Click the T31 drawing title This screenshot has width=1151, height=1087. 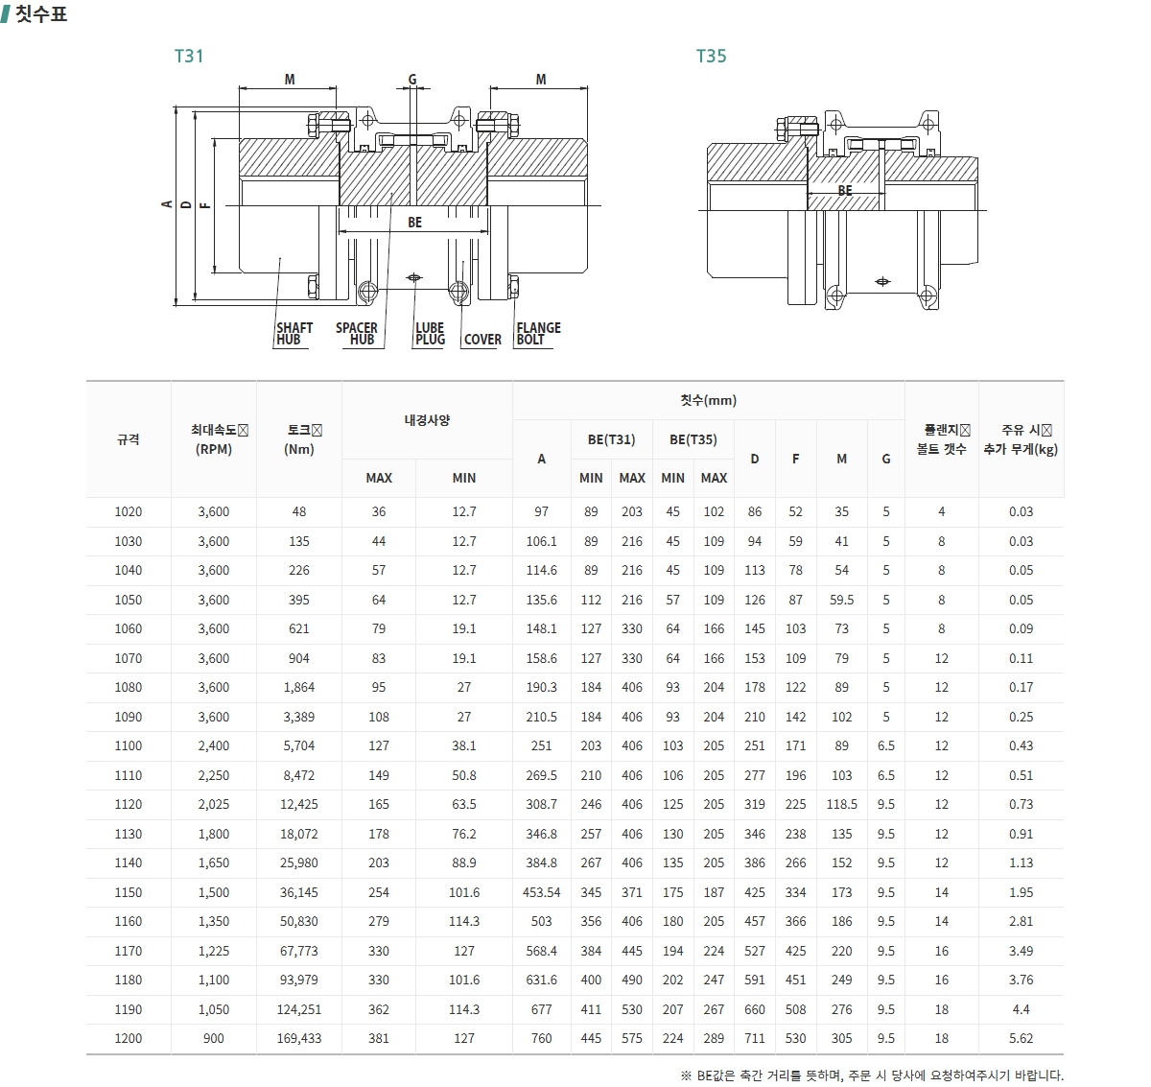pyautogui.click(x=189, y=56)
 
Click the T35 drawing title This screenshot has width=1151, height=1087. pyautogui.click(x=711, y=56)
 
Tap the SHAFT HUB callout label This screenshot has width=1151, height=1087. pyautogui.click(x=294, y=334)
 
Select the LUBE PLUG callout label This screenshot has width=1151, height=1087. pyautogui.click(x=430, y=334)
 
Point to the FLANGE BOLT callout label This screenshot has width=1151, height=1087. pyautogui.click(x=538, y=334)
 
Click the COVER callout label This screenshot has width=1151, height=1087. pyautogui.click(x=482, y=340)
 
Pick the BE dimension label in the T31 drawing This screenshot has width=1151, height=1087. pyautogui.click(x=414, y=223)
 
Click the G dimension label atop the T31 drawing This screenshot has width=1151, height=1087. pyautogui.click(x=412, y=80)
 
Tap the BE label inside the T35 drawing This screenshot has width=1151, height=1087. pyautogui.click(x=844, y=191)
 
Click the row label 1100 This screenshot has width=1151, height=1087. pyautogui.click(x=128, y=746)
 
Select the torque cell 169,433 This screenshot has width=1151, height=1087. pyautogui.click(x=299, y=1039)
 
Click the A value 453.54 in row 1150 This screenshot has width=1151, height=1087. pyautogui.click(x=541, y=892)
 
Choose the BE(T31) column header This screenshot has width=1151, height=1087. pyautogui.click(x=611, y=439)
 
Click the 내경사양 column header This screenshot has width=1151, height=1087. pyautogui.click(x=427, y=420)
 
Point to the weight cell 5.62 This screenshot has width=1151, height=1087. pyautogui.click(x=1021, y=1039)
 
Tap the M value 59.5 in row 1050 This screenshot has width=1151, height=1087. pyautogui.click(x=841, y=600)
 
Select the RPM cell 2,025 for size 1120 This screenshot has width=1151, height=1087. pyautogui.click(x=214, y=805)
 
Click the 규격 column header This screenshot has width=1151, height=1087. pyautogui.click(x=128, y=439)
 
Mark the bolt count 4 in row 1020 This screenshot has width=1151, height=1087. pyautogui.click(x=941, y=512)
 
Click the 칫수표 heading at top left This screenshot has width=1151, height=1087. pyautogui.click(x=41, y=14)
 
